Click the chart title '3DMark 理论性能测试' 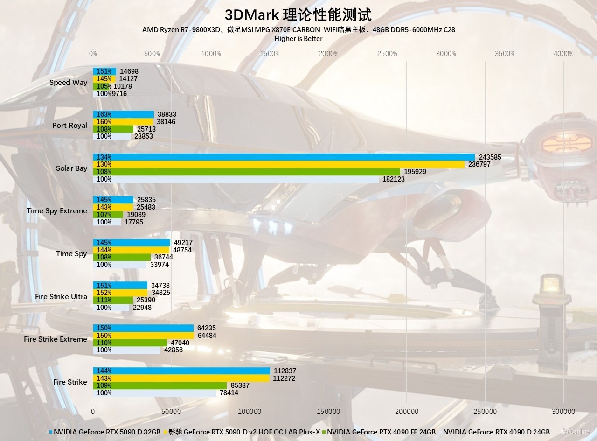[298, 15]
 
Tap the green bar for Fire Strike [160, 386]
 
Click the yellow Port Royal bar [123, 122]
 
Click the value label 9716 [119, 94]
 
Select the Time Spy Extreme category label [56, 211]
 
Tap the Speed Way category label [68, 83]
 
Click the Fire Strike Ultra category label [61, 297]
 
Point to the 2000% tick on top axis [328, 54]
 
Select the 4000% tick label [563, 54]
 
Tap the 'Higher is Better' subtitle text [298, 39]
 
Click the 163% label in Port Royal [104, 114]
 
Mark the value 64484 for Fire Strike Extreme [207, 336]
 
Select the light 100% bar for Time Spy [120, 265]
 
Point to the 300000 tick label [563, 412]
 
